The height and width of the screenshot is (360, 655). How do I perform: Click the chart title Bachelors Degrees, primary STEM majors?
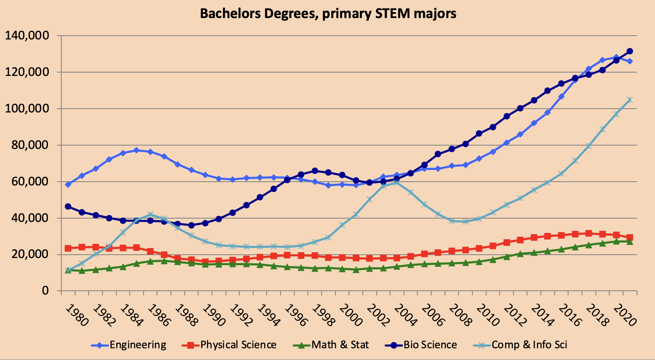327,13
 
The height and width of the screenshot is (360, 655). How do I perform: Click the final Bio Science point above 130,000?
630,51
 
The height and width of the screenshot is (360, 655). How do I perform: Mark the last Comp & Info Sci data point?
630,100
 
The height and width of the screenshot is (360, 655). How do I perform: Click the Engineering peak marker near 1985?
136,150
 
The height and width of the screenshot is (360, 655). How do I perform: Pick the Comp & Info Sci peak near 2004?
397,183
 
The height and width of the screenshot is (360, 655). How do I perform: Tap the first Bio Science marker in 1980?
68,206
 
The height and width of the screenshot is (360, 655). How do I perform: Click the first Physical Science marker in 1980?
68,248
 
